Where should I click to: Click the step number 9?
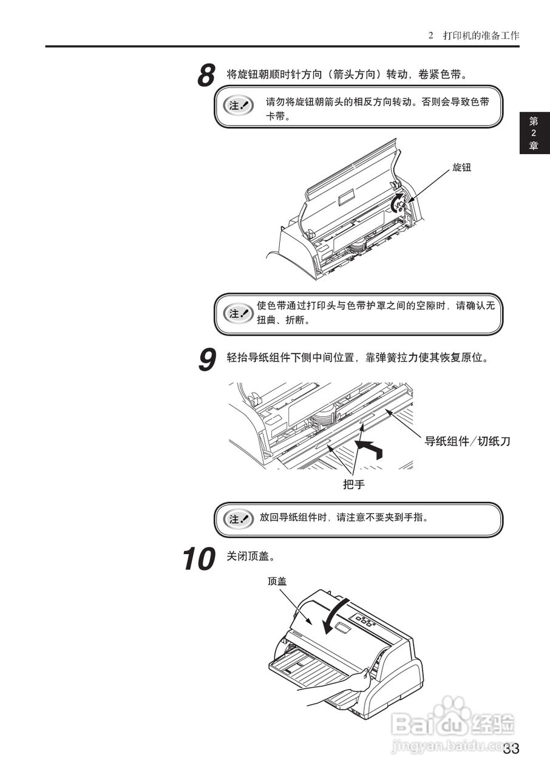tap(207, 359)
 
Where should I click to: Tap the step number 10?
tap(199, 559)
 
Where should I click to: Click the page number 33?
tap(511, 748)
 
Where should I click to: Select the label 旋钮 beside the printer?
tap(461, 168)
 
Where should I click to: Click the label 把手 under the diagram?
tap(354, 484)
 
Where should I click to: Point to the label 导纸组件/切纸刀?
tap(467, 441)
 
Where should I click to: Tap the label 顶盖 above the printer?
tap(277, 581)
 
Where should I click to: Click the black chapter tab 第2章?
tap(534, 133)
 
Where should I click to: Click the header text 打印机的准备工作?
tap(481, 36)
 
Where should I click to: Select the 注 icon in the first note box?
tap(238, 105)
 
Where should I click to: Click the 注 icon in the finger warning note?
tap(238, 519)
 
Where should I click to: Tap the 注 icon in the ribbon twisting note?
tap(238, 313)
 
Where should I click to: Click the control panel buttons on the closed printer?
tap(364, 620)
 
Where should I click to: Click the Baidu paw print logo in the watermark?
tap(453, 711)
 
